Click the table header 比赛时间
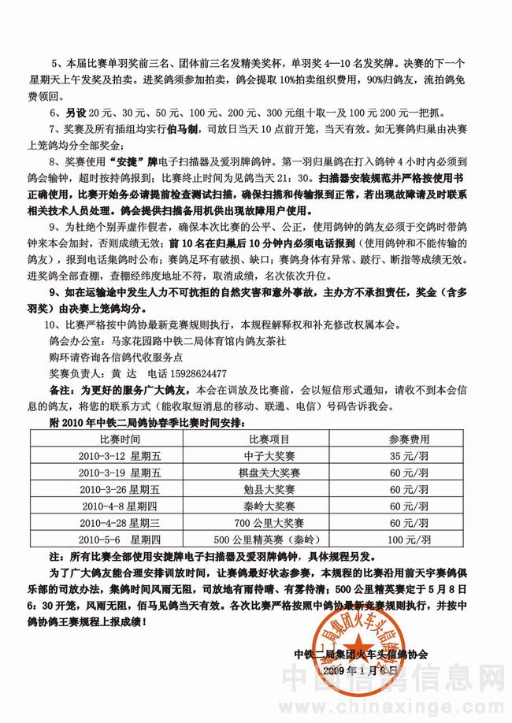120,439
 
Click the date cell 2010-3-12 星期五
120,455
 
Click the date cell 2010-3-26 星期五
120,489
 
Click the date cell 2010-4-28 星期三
120,523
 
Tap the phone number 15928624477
192,373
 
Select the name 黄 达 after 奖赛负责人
121,373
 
